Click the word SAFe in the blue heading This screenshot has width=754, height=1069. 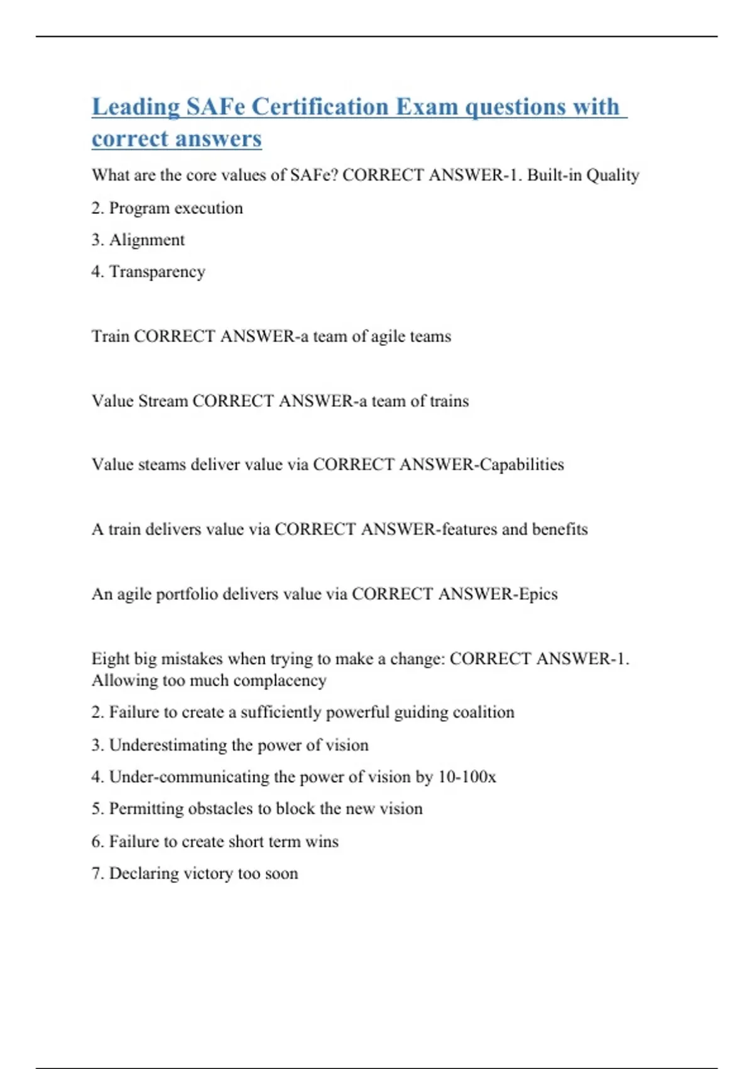[x=216, y=107]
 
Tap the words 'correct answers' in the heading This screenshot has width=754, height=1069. [x=177, y=138]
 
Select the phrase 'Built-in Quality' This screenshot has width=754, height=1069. [x=583, y=175]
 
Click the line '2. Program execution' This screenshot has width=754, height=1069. [x=167, y=208]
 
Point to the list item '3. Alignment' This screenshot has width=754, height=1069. [x=138, y=240]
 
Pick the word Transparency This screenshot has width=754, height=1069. [x=157, y=272]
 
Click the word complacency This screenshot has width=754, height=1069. [x=281, y=680]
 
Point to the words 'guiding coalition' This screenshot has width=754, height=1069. [x=454, y=712]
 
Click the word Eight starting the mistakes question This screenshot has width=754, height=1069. [x=109, y=659]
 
